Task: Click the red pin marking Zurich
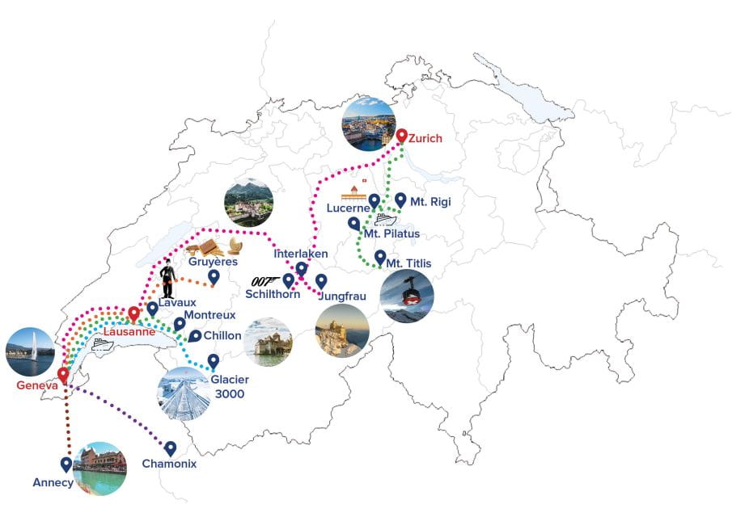coord(401,137)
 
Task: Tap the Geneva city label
coord(37,385)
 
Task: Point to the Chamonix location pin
coord(171,448)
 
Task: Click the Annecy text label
coord(53,482)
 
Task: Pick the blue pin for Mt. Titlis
coord(380,257)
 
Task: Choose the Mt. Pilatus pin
coord(353,223)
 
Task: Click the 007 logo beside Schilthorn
coord(266,280)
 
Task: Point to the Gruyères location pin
coord(214,277)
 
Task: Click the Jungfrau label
coord(343,296)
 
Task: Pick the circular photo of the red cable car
coord(407,296)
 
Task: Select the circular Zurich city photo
coord(369,124)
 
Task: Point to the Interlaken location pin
coord(302,268)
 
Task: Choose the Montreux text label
coord(209,314)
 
